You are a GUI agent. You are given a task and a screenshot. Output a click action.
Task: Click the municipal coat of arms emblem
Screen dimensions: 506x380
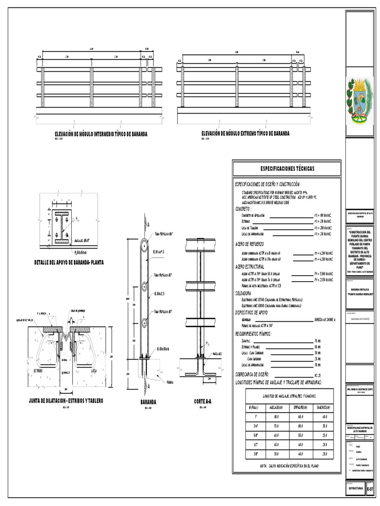pos(360,101)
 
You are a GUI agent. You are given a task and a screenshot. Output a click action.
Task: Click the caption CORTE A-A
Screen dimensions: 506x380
pos(202,402)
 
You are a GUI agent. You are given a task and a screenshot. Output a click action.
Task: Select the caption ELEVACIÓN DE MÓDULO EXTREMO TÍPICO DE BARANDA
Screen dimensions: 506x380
pos(245,133)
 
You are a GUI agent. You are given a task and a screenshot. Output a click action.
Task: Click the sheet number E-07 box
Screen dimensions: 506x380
pos(372,488)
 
